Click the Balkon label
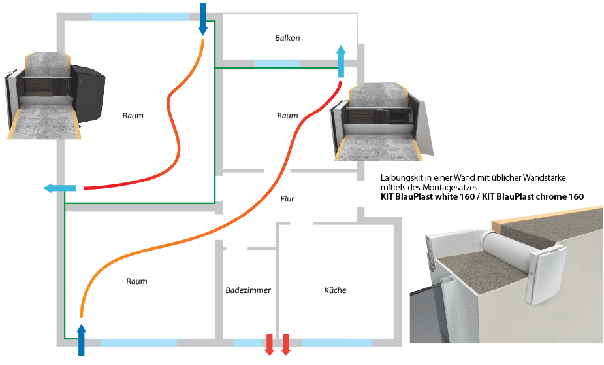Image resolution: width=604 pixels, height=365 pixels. [287, 38]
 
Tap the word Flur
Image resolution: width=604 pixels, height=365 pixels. [287, 199]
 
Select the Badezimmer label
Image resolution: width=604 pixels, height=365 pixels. [248, 290]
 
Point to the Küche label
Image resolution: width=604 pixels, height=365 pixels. [335, 290]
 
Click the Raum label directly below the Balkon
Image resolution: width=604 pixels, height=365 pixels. [287, 116]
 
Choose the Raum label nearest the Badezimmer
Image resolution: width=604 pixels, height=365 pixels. [136, 281]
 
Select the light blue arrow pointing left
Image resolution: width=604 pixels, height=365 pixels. [59, 188]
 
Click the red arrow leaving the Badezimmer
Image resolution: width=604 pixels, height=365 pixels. [270, 344]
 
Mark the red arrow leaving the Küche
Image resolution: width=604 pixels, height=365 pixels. [285, 344]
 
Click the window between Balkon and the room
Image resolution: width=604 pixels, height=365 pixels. [276, 63]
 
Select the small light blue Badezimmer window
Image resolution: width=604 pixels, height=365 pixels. [247, 342]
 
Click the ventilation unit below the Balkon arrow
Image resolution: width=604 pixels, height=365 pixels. [382, 123]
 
